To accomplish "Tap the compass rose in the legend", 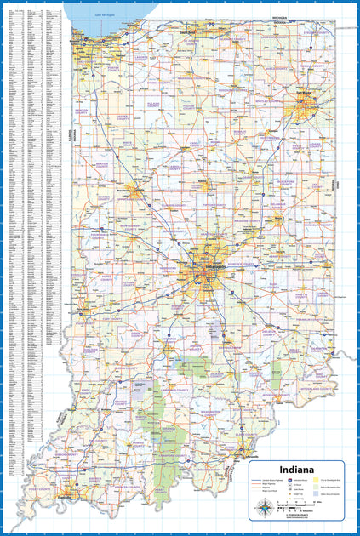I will click(x=266, y=509).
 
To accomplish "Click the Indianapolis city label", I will click(x=194, y=267).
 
